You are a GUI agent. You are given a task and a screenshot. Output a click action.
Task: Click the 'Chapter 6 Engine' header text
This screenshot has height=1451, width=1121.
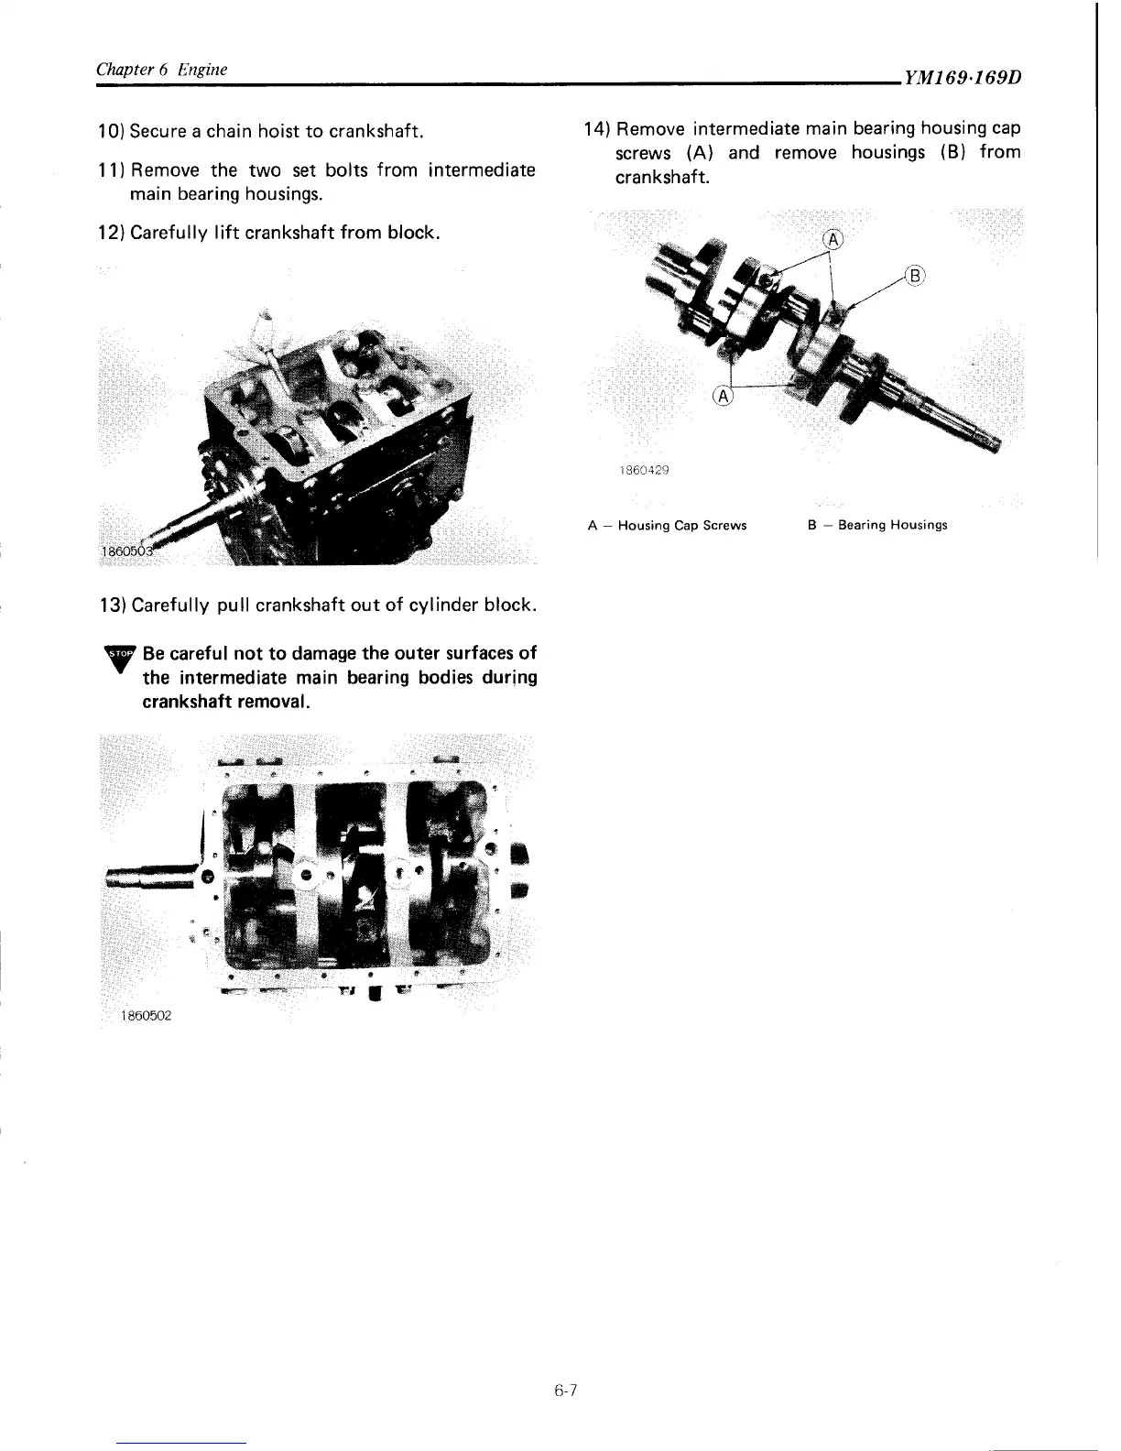[162, 70]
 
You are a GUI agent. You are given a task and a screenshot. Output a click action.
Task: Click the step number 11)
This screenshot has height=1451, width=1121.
[111, 170]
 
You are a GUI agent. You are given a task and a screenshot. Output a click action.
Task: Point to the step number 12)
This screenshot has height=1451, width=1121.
[111, 233]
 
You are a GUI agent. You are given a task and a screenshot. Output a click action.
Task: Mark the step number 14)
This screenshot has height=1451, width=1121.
[598, 128]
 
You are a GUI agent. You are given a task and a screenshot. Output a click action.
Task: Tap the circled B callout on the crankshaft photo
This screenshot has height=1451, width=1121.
[916, 276]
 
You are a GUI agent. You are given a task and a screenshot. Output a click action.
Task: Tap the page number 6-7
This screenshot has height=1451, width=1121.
[564, 1391]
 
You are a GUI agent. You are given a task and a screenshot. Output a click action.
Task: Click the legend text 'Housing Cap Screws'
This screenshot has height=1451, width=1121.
[682, 526]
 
